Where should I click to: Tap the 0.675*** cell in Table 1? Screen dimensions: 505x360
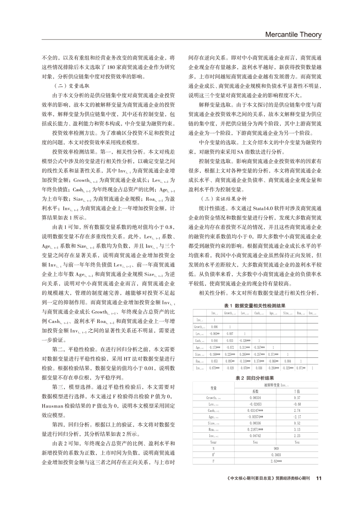point(214,368)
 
